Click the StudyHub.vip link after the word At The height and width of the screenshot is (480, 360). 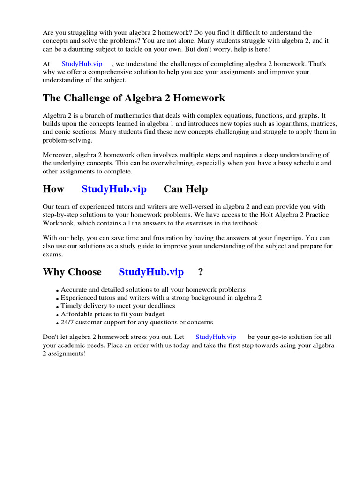coord(82,64)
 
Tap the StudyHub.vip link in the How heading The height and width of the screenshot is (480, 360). coord(114,189)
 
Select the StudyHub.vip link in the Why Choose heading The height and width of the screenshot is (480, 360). coord(151,272)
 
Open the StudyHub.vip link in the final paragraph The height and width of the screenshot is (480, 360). coord(216,337)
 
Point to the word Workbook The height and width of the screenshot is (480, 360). coord(58,223)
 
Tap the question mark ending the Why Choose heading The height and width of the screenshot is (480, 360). coord(201,272)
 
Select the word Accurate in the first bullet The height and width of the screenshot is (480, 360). coord(75,290)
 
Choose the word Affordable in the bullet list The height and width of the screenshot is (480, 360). coord(77,314)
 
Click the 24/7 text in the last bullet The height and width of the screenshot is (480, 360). coord(68,322)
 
